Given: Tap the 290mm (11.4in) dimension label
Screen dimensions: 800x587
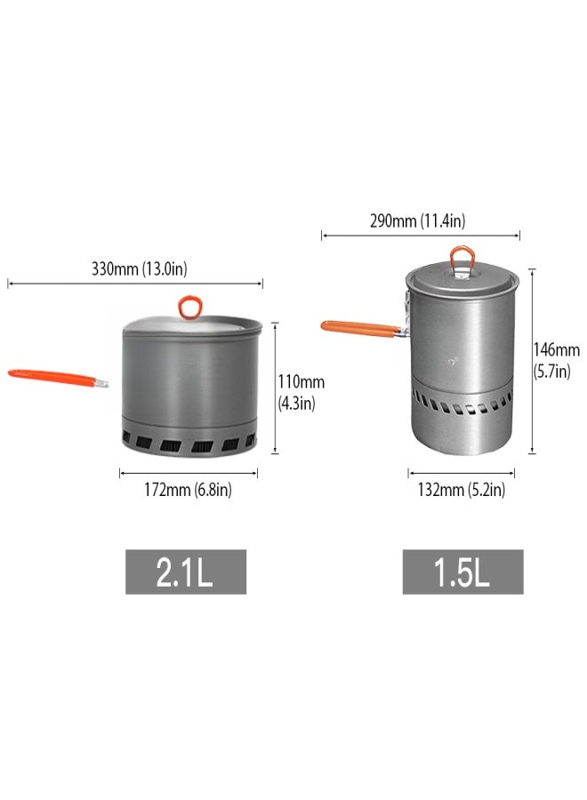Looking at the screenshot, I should (418, 221).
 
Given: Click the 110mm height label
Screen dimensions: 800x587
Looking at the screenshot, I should (302, 382).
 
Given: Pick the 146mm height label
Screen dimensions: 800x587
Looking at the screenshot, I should (556, 350).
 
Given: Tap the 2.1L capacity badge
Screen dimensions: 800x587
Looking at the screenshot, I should (185, 572).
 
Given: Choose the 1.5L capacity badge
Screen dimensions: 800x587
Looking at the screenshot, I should (462, 572).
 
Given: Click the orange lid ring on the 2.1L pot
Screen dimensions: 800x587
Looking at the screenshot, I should (189, 307).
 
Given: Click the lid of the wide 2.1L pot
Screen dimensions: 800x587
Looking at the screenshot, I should (191, 325).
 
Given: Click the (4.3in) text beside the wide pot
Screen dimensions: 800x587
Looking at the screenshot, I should (296, 402).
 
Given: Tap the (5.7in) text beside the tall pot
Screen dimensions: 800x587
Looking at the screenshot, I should (551, 372).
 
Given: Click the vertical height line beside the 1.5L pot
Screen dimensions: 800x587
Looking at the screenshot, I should (532, 360).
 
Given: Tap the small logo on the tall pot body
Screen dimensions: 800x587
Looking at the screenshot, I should (454, 361).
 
